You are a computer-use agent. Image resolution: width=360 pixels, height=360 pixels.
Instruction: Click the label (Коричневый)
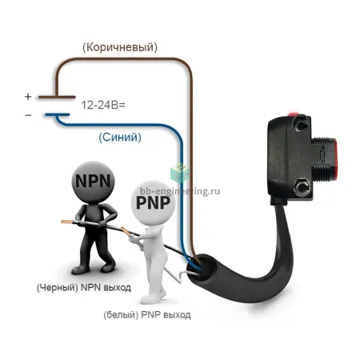(x=120, y=47)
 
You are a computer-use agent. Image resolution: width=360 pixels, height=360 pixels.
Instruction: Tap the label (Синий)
(x=120, y=138)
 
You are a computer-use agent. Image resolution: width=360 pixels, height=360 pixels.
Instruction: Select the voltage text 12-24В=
(x=103, y=105)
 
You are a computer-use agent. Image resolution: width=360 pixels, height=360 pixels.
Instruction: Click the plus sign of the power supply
(x=28, y=96)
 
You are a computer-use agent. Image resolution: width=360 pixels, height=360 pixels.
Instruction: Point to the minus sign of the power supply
(x=28, y=115)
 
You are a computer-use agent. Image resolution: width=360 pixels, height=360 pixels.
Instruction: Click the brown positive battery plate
(x=57, y=97)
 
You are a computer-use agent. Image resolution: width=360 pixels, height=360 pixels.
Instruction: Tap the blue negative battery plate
(x=57, y=115)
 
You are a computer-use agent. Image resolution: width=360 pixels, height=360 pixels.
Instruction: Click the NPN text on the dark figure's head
(x=93, y=181)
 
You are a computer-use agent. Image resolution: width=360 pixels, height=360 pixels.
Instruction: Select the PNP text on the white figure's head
(x=153, y=202)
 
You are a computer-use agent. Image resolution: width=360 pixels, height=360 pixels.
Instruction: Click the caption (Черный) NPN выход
(x=84, y=287)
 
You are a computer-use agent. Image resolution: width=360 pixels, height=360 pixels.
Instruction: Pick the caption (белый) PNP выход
(x=147, y=315)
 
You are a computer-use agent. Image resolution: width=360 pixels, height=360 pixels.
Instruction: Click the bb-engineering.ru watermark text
(x=180, y=191)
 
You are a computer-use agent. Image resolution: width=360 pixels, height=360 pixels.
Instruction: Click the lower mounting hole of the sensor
(x=302, y=186)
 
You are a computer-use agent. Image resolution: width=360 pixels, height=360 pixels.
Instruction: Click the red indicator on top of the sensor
(x=294, y=114)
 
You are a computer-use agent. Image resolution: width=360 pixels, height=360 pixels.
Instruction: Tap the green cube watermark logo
(x=180, y=173)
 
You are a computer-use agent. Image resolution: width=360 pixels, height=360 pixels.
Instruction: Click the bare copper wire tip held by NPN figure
(x=66, y=222)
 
